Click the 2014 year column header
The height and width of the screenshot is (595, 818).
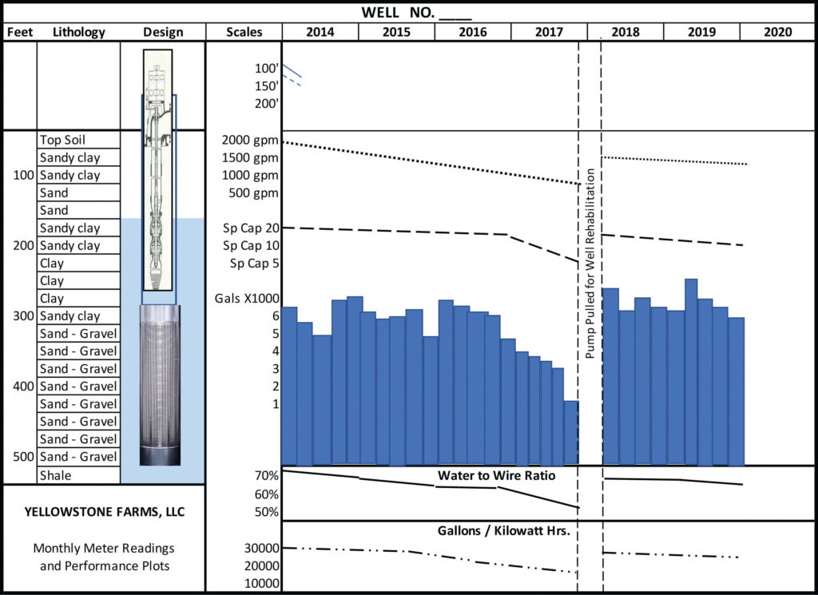(x=320, y=32)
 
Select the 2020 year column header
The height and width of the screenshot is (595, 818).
(x=776, y=32)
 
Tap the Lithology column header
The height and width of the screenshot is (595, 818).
(x=79, y=32)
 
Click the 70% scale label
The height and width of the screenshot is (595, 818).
(x=266, y=477)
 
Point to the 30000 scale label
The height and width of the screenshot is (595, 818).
(x=262, y=549)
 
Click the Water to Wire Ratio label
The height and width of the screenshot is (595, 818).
(x=496, y=476)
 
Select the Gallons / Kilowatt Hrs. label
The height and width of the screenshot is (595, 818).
(x=502, y=530)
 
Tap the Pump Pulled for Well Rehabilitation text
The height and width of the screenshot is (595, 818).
(x=590, y=264)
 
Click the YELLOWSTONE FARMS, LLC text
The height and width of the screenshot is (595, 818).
(x=104, y=511)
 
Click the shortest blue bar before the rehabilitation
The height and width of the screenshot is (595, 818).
(x=571, y=432)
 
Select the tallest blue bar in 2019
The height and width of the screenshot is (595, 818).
(x=691, y=371)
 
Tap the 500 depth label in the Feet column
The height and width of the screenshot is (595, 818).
(x=22, y=457)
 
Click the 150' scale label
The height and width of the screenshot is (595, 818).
(x=266, y=86)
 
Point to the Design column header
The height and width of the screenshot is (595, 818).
(x=163, y=32)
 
